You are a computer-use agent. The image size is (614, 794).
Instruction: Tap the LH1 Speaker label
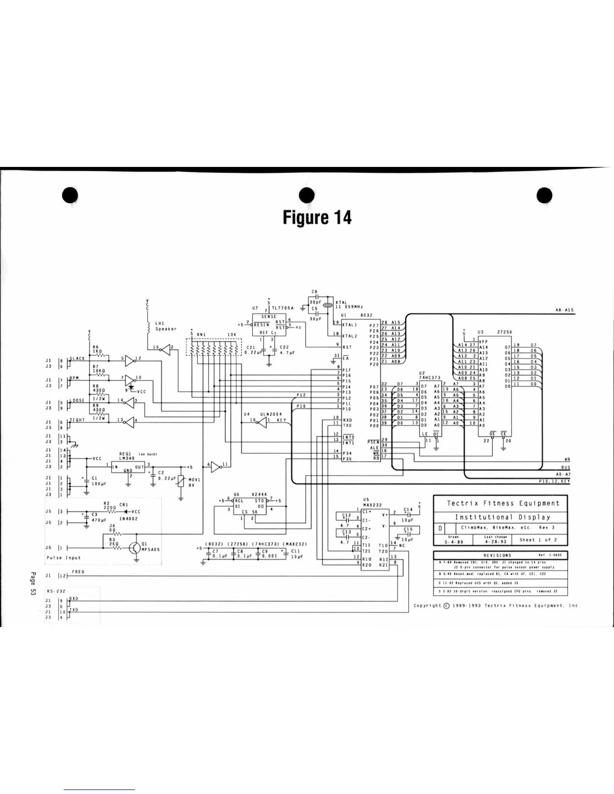[166, 326]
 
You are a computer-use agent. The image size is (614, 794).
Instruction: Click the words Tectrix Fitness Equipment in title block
[496, 503]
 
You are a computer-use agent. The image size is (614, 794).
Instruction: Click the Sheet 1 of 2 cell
[538, 540]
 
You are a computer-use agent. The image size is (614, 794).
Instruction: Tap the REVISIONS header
[497, 555]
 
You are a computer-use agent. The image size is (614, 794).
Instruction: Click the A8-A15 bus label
[564, 310]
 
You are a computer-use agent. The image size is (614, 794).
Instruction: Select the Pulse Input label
[63, 557]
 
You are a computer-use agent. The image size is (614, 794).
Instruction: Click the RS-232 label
[53, 591]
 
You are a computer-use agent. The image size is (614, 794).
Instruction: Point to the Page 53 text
[33, 583]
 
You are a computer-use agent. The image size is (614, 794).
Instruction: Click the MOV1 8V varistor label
[194, 482]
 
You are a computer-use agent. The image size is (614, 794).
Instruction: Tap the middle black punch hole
[306, 196]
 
